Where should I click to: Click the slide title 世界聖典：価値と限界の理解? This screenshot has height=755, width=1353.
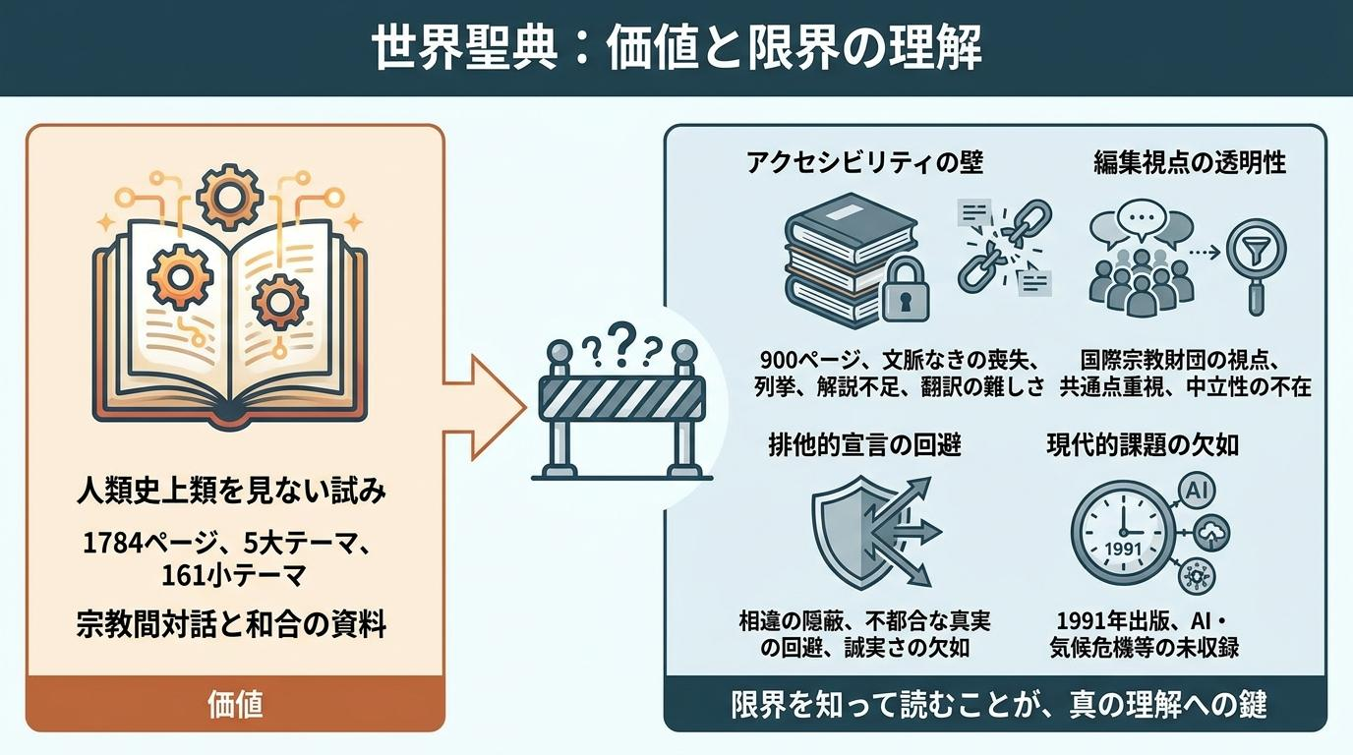point(676,48)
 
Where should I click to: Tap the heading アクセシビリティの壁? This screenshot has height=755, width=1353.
point(865,162)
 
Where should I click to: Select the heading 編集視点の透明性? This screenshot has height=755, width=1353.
point(1190,162)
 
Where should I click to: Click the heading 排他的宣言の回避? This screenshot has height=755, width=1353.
point(865,445)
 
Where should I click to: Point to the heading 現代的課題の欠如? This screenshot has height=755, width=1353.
point(1143,445)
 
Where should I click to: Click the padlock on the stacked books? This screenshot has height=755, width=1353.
point(905,288)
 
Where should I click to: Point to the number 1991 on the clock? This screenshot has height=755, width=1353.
point(1124,549)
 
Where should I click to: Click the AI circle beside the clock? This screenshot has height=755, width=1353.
point(1197,492)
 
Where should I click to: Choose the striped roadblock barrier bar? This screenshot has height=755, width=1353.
point(622,398)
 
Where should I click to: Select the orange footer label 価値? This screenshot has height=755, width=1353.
point(236,704)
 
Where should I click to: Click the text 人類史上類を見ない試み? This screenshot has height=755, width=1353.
point(231,491)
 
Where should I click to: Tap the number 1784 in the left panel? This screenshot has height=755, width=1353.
point(113,543)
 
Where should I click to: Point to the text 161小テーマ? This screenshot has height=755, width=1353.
point(233,576)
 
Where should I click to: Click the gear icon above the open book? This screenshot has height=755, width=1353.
point(229,197)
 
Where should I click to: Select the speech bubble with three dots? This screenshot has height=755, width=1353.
point(1141,217)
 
